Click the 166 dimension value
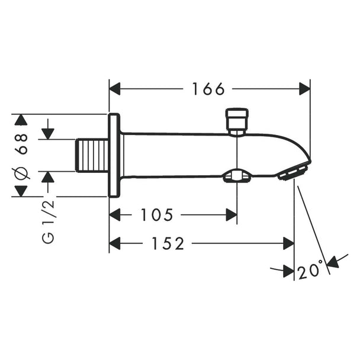point(208,89)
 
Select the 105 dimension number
point(156,215)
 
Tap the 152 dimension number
point(168,243)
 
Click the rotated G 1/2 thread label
point(49,222)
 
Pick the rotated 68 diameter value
point(21,144)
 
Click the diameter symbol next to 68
point(21,173)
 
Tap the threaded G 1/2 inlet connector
point(92,155)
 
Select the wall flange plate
point(114,156)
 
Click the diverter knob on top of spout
point(237,122)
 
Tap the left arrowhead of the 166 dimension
point(114,89)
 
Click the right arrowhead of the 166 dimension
point(305,89)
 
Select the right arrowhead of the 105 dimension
point(232,215)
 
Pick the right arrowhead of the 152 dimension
point(288,243)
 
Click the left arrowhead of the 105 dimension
point(114,215)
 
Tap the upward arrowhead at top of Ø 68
point(21,120)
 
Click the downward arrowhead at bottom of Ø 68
point(21,191)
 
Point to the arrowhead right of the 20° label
point(333,262)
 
